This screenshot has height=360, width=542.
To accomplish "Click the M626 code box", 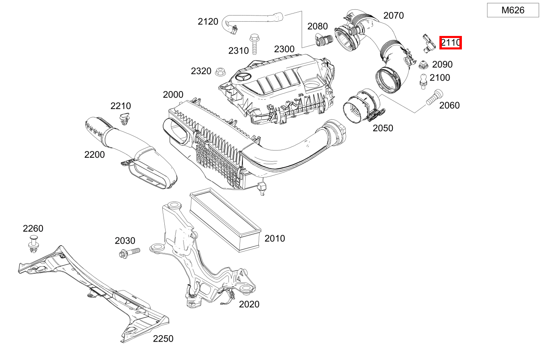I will pyautogui.click(x=513, y=10).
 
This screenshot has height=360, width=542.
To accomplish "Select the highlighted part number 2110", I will pyautogui.click(x=450, y=42).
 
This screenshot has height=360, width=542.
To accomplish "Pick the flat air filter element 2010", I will pyautogui.click(x=226, y=218).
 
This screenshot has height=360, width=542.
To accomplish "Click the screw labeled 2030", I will pyautogui.click(x=128, y=253).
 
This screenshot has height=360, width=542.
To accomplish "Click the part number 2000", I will pyautogui.click(x=173, y=95).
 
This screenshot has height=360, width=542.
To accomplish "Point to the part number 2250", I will pyautogui.click(x=163, y=339).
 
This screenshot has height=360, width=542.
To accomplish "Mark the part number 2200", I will pyautogui.click(x=94, y=154).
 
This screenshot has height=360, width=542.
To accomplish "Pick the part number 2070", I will pyautogui.click(x=393, y=16).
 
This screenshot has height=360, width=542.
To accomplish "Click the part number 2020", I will pyautogui.click(x=249, y=304).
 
